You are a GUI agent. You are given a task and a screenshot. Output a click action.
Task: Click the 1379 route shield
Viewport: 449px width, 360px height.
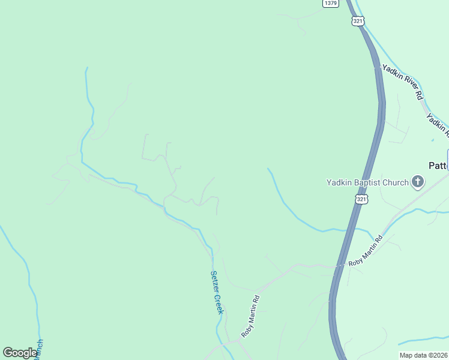[330, 3]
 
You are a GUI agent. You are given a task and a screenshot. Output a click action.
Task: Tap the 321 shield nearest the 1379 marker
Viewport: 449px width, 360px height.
[358, 21]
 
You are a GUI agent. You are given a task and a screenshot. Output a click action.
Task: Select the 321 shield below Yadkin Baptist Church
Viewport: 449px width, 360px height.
[361, 199]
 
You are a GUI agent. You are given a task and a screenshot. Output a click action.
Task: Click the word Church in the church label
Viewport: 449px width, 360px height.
[396, 182]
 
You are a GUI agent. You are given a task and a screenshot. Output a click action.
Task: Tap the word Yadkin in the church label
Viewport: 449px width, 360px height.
[339, 182]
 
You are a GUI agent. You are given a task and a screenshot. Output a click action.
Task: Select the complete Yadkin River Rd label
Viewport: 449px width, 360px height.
[403, 82]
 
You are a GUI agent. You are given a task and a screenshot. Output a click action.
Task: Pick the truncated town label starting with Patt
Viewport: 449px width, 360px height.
[439, 165]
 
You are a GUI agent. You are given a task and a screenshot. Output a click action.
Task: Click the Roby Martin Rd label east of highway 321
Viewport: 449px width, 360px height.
[365, 251]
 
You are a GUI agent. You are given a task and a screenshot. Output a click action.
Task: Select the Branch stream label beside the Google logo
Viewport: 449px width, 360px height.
[40, 349]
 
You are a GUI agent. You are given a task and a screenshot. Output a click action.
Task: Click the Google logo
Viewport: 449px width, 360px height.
[20, 353]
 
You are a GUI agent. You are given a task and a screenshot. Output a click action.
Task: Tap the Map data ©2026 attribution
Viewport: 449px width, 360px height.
[423, 355]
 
